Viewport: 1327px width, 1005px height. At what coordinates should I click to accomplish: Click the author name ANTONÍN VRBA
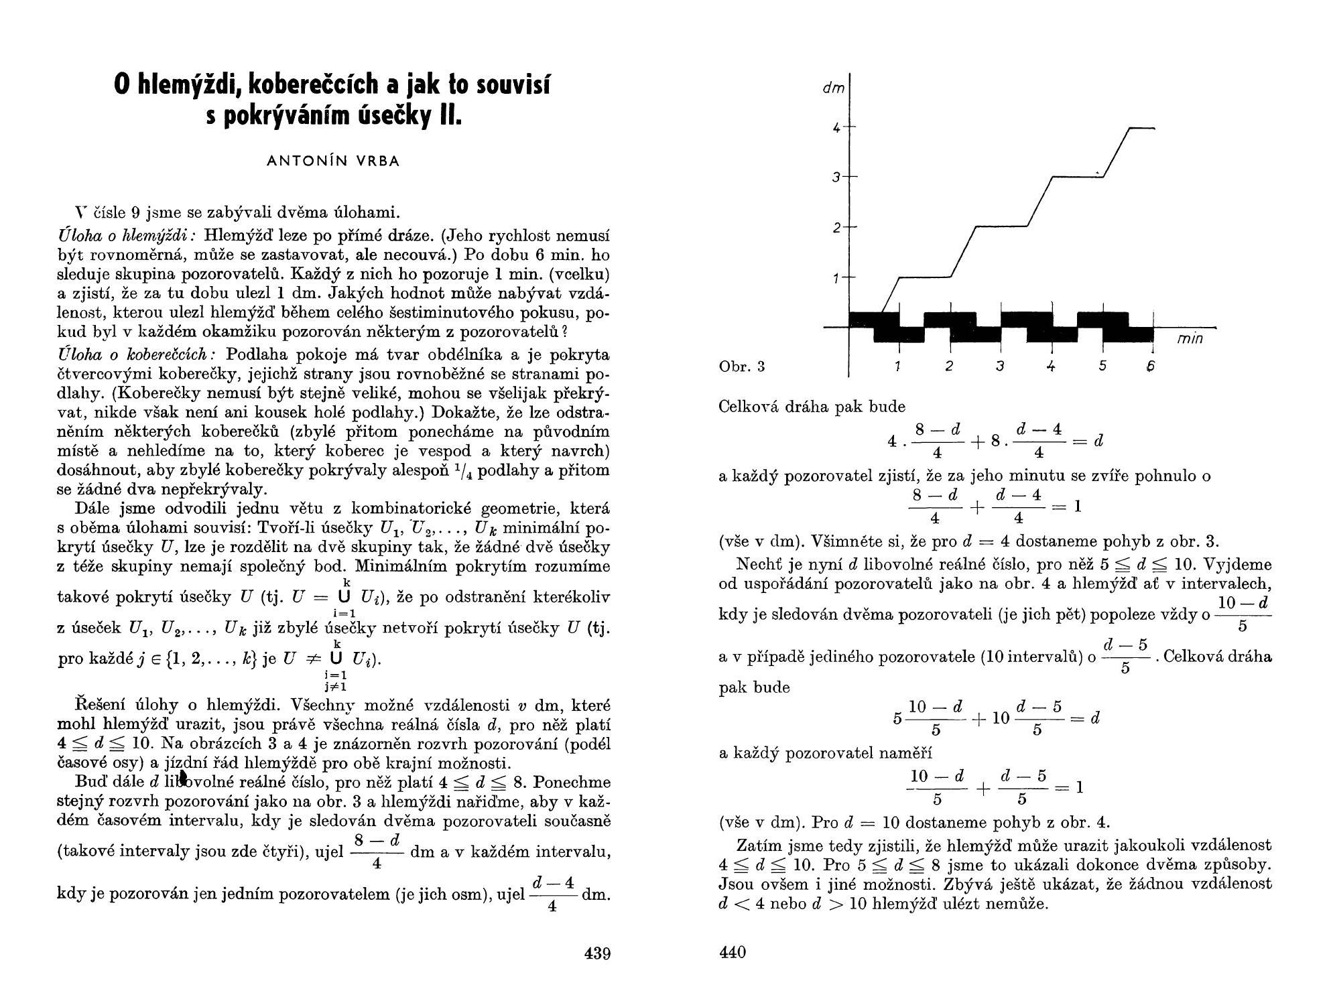click(x=333, y=161)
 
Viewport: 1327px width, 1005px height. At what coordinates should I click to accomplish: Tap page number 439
click(x=597, y=953)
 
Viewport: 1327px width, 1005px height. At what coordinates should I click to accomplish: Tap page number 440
click(x=732, y=952)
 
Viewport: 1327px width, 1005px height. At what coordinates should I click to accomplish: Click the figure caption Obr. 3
click(x=741, y=366)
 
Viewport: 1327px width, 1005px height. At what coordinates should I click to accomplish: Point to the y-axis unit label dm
click(x=833, y=88)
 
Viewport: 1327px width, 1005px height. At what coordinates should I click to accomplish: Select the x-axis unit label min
click(x=1190, y=339)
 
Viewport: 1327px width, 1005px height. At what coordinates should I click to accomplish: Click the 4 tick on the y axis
click(x=836, y=127)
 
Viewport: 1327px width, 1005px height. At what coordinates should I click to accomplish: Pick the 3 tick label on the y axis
click(x=836, y=178)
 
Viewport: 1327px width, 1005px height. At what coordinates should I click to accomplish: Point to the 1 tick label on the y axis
click(x=836, y=277)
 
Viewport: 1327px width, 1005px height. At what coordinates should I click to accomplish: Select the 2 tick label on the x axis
click(x=949, y=366)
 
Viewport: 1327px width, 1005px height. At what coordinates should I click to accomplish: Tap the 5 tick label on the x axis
click(x=1102, y=366)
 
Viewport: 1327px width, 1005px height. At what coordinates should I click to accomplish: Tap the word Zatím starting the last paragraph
click(x=757, y=846)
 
